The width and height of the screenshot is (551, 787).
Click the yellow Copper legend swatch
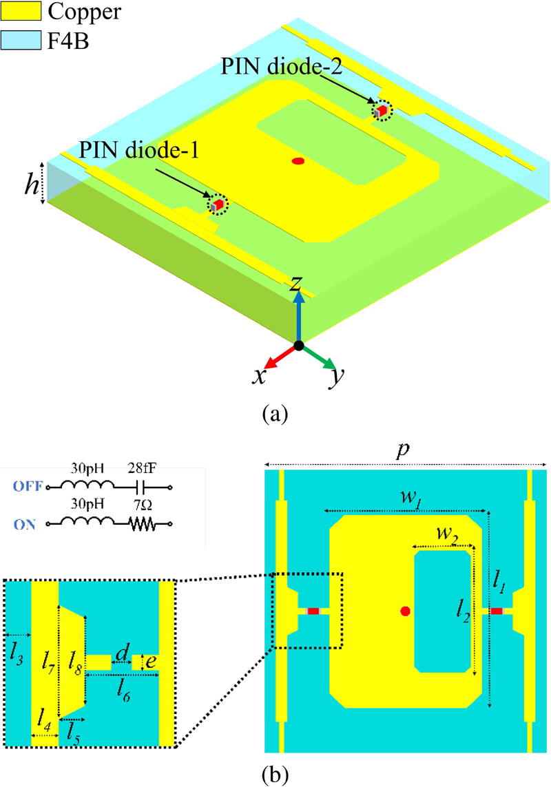click(x=22, y=12)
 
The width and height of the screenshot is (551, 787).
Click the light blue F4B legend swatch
click(x=22, y=41)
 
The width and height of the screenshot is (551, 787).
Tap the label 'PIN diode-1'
click(x=139, y=149)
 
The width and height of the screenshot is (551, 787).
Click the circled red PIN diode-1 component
click(x=218, y=204)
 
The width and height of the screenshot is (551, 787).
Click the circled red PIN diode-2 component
click(x=381, y=110)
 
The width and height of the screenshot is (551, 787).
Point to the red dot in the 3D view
click(x=298, y=162)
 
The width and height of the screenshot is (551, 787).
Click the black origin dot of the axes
click(x=298, y=344)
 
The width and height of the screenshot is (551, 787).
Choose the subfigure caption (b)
click(x=275, y=775)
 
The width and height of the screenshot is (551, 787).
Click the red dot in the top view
click(x=405, y=611)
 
